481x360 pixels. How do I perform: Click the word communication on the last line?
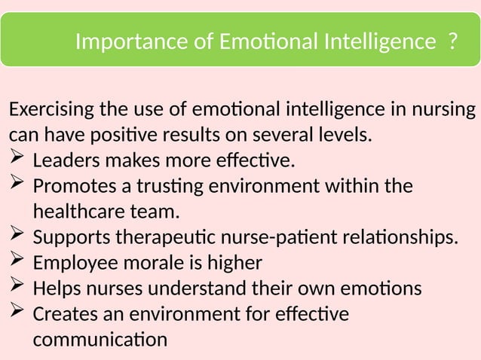pyautogui.click(x=100, y=340)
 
